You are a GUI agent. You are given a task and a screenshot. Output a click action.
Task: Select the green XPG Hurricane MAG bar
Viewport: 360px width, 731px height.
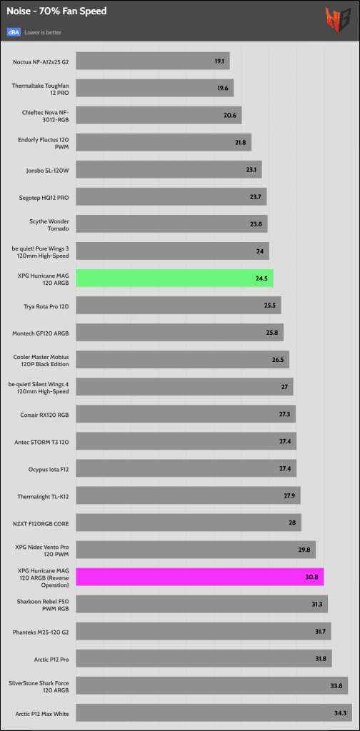pos(174,278)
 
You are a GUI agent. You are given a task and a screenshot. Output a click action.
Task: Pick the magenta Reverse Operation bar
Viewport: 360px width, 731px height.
pos(199,577)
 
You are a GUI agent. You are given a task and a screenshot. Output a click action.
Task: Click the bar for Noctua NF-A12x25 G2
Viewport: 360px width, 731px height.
pos(152,61)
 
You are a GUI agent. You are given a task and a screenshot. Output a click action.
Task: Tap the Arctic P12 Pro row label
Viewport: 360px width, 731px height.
pos(53,659)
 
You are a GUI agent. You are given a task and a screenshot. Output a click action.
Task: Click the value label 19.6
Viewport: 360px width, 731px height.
pos(221,88)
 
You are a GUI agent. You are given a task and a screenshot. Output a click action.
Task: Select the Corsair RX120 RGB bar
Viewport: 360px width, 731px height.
pos(186,414)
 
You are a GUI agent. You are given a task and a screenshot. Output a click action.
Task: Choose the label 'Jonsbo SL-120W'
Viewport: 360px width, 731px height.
pos(48,170)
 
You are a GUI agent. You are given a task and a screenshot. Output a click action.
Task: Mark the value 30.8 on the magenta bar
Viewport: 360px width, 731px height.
pos(311,577)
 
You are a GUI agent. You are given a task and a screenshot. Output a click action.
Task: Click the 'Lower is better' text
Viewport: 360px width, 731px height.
pos(43,33)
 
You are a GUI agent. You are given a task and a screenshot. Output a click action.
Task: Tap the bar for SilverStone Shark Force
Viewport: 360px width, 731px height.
pos(211,685)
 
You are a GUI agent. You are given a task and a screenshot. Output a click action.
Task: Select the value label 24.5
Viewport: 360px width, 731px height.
pos(260,278)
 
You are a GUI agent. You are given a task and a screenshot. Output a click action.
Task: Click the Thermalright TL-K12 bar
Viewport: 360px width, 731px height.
pos(188,495)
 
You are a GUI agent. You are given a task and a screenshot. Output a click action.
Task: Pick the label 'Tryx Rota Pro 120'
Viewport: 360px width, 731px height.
pos(46,306)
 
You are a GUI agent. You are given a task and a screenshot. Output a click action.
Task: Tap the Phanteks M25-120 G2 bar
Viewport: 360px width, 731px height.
pos(204,631)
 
